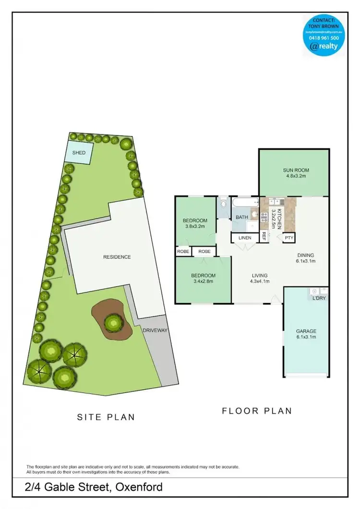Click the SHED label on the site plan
click(79, 153)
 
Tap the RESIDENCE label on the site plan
click(117, 257)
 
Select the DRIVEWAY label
click(155, 330)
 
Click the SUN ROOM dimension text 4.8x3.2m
click(295, 176)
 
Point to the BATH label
click(241, 217)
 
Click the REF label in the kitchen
click(264, 237)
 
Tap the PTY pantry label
click(288, 238)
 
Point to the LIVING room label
click(260, 276)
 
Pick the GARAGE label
click(306, 331)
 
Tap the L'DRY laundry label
click(319, 299)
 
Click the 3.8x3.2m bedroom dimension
click(195, 227)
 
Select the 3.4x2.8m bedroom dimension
click(204, 281)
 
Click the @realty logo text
click(324, 47)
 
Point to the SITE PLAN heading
click(106, 417)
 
